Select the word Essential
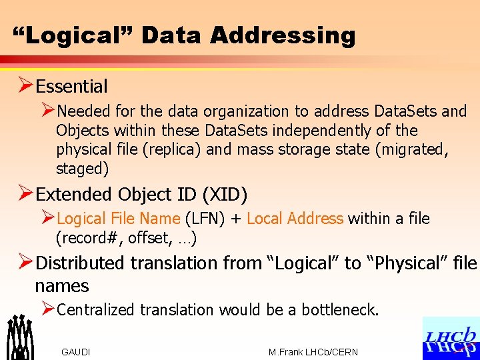click(x=71, y=86)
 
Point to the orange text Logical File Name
click(x=119, y=219)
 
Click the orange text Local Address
click(x=295, y=219)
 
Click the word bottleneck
click(x=339, y=309)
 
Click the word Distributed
click(x=81, y=263)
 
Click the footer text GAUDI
click(x=75, y=352)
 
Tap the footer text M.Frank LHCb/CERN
click(x=313, y=352)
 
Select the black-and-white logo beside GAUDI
click(x=20, y=337)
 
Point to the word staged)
click(x=82, y=169)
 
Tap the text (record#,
click(x=90, y=238)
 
